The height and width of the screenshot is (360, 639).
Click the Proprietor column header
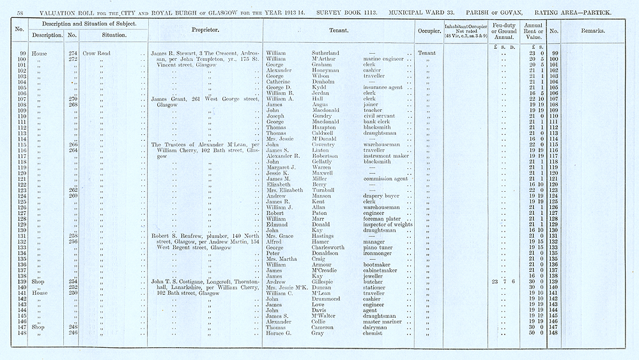(206, 30)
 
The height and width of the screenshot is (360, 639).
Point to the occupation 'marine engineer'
(383, 59)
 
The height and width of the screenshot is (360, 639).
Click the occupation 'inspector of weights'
(387, 224)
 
